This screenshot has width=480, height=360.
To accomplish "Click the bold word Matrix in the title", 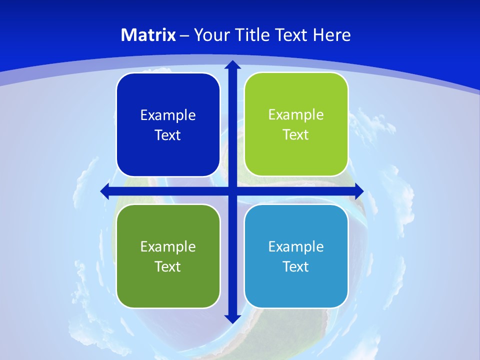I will (148, 35).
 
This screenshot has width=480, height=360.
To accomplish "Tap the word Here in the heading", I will (332, 35).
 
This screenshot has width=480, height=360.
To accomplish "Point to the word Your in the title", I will (210, 35).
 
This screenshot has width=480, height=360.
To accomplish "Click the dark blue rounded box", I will (168, 125).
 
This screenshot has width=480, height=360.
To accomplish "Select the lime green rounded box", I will (296, 124).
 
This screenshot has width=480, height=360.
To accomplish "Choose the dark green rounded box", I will (168, 256).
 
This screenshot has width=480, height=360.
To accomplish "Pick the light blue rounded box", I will (296, 256).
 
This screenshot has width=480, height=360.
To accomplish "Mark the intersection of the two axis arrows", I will (232, 190).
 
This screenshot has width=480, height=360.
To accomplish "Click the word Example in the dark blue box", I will (168, 115).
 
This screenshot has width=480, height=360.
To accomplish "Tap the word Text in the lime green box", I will (296, 135).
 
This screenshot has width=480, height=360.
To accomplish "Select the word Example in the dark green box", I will (168, 246).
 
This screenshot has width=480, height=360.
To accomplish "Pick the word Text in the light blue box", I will (296, 266).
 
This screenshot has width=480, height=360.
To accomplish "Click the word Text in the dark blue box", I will (168, 135).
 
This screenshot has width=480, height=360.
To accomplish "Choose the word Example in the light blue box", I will (296, 246).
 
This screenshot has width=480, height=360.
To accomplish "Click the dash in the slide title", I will (184, 35).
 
